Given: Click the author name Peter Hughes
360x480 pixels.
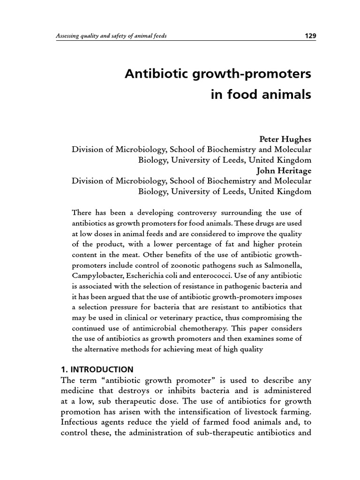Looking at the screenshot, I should click(x=285, y=139).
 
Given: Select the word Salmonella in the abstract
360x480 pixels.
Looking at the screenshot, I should click(x=292, y=265).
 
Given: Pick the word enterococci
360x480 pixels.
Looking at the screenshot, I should click(x=217, y=276).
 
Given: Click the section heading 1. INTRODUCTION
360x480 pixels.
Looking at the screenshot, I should click(x=97, y=369).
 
